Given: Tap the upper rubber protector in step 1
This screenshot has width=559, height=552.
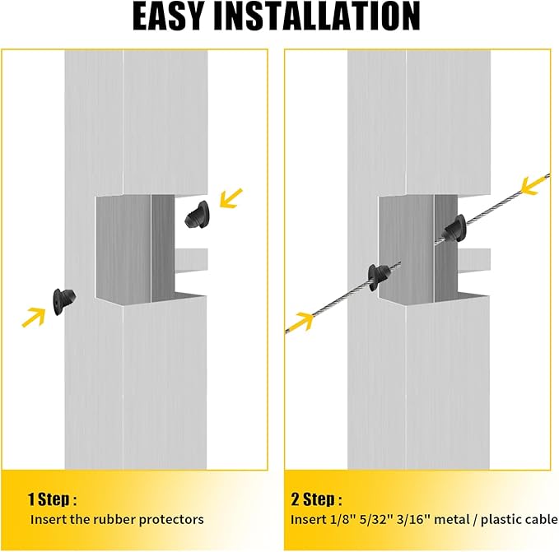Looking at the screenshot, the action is point(197,215).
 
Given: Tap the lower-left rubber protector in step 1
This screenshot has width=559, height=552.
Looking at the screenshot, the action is point(64,302).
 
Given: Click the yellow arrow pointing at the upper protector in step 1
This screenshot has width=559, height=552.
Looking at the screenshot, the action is point(231,198).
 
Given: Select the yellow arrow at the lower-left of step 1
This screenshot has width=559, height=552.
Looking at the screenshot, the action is point(34,317).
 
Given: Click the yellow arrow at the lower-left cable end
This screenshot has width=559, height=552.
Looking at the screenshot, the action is point(300,322).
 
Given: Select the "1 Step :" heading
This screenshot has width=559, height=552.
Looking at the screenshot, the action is point(52,499).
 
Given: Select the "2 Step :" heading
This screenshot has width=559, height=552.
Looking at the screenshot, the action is point(316,499).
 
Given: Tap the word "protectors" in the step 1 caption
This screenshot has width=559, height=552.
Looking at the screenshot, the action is point(171,520).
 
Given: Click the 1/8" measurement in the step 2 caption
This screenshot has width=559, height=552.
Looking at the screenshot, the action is point(338,520).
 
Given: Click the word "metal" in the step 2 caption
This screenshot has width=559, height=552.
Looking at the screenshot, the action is point(452,520).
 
